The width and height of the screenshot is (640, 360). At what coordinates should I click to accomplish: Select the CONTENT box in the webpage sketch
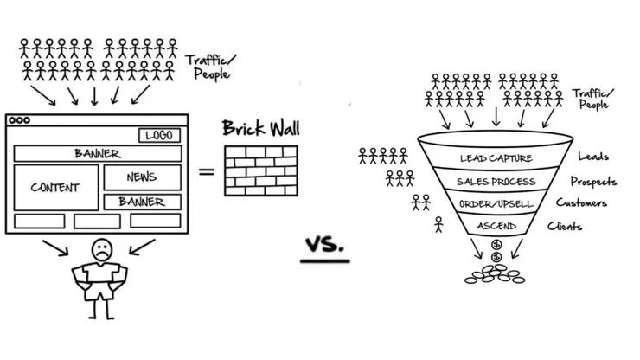click(54, 187)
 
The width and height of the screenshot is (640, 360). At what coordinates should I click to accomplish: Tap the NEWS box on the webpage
click(142, 176)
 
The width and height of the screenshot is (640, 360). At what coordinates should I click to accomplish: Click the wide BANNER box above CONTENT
click(97, 154)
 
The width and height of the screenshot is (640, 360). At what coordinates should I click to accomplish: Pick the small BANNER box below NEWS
click(142, 202)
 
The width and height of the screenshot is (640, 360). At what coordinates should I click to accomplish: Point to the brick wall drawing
click(260, 170)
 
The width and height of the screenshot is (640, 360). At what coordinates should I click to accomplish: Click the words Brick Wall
click(259, 129)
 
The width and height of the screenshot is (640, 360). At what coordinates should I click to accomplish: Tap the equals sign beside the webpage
click(207, 171)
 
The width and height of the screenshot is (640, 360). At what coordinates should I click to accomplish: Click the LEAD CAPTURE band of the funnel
click(495, 158)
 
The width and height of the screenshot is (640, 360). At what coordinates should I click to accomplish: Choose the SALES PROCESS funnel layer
click(496, 182)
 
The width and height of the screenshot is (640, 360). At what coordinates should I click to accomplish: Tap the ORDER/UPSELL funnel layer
click(496, 204)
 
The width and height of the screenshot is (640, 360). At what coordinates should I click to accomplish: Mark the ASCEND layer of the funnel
click(496, 226)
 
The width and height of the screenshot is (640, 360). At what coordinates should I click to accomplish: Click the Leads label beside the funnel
click(592, 157)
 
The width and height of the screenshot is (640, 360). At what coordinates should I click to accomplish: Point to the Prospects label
click(593, 182)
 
